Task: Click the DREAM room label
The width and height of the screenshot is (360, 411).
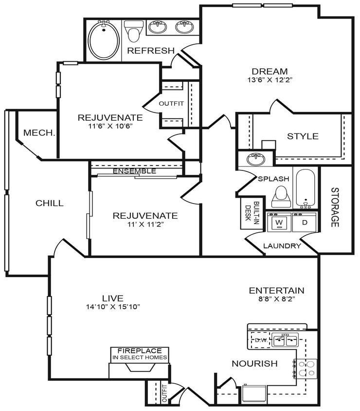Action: pyautogui.click(x=270, y=71)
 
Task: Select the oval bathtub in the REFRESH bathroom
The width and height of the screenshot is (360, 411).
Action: pyautogui.click(x=104, y=40)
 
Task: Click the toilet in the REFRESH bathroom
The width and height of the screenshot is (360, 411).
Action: pyautogui.click(x=133, y=31)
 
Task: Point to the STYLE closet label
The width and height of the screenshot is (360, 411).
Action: pyautogui.click(x=303, y=136)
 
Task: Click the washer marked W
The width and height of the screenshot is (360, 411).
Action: pyautogui.click(x=279, y=223)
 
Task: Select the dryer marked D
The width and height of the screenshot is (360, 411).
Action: pyautogui.click(x=305, y=223)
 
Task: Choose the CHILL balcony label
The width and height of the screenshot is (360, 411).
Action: pyautogui.click(x=49, y=203)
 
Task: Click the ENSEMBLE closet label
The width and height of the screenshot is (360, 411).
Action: pyautogui.click(x=134, y=171)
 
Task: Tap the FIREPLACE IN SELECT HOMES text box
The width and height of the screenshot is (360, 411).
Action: pyautogui.click(x=140, y=354)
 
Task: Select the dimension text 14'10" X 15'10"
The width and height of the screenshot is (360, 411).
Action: pyautogui.click(x=112, y=307)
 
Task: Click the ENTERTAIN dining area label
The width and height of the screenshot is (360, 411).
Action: pyautogui.click(x=276, y=291)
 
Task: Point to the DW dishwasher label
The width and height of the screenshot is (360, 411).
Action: pyautogui.click(x=260, y=340)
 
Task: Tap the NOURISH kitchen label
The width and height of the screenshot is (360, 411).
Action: pyautogui.click(x=254, y=363)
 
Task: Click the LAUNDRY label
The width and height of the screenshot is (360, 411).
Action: pyautogui.click(x=282, y=246)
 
